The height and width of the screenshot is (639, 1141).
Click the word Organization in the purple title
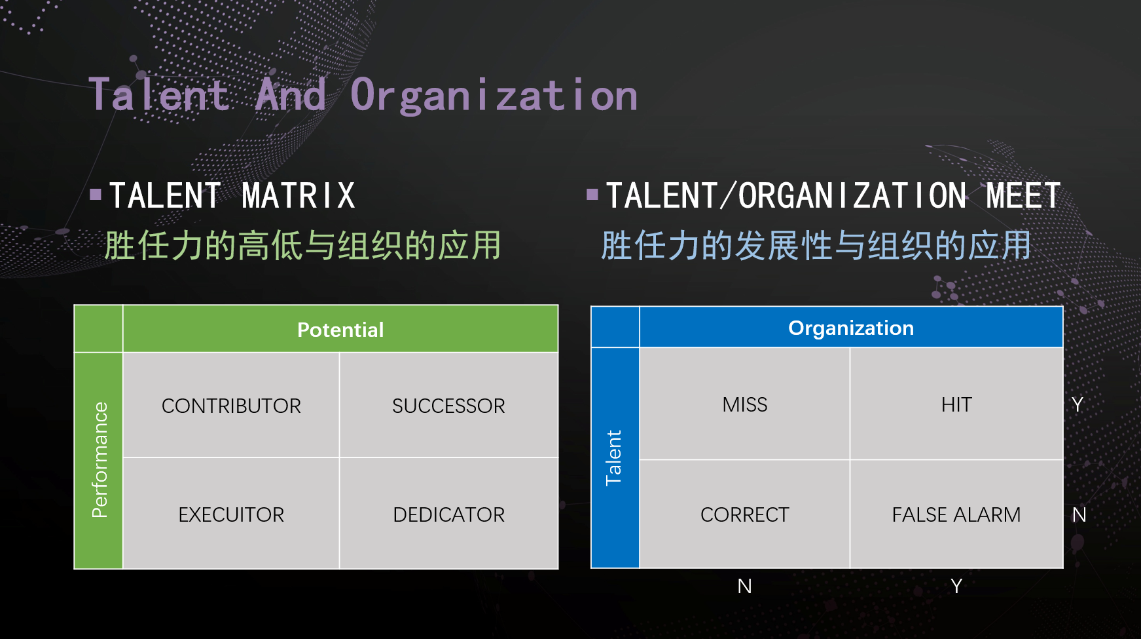click(x=494, y=96)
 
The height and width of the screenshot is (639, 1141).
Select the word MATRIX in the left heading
click(x=299, y=196)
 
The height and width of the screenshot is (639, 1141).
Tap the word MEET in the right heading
click(x=1023, y=196)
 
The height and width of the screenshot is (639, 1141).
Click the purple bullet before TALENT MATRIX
click(x=96, y=194)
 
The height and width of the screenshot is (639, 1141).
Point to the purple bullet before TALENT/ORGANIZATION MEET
click(x=592, y=194)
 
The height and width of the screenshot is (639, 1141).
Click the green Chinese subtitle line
click(x=302, y=246)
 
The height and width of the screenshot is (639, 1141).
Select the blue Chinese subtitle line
click(x=816, y=246)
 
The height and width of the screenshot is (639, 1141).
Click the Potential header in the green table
click(x=340, y=330)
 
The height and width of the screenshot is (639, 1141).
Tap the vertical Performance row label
click(x=100, y=460)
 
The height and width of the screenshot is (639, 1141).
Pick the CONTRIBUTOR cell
click(x=231, y=406)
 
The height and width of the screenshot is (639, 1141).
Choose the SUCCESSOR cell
click(x=449, y=406)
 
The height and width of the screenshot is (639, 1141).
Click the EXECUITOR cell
click(x=231, y=514)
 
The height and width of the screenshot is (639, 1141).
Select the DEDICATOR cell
click(x=449, y=514)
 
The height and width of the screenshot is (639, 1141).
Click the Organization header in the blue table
click(x=851, y=328)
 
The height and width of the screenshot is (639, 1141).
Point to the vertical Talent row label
click(x=614, y=457)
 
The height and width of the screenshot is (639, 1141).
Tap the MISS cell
click(x=745, y=404)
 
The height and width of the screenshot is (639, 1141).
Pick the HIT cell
click(x=956, y=404)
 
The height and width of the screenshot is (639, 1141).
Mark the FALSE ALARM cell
click(x=956, y=514)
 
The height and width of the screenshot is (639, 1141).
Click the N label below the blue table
click(x=744, y=586)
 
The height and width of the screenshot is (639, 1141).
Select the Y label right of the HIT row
click(x=1078, y=404)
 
